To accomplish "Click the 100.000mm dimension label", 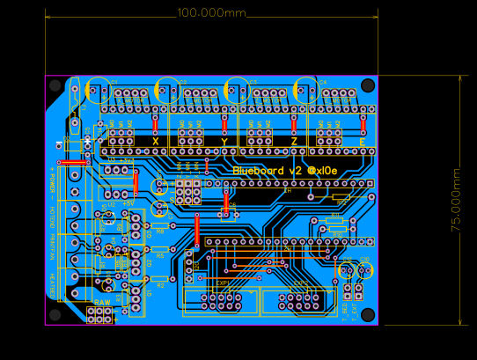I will pyautogui.click(x=211, y=12).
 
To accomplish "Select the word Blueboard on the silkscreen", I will pyautogui.click(x=261, y=169).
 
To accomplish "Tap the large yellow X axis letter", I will pyautogui.click(x=156, y=141).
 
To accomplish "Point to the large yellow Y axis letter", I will pyautogui.click(x=224, y=142).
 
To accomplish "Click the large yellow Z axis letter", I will pyautogui.click(x=293, y=142).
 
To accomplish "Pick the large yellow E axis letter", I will pyautogui.click(x=362, y=142).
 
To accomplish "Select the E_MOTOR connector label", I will pyautogui.click(x=340, y=100).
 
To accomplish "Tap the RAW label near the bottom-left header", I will pyautogui.click(x=102, y=302).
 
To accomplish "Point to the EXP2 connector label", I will pyautogui.click(x=300, y=283).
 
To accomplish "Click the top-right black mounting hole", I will pyautogui.click(x=368, y=85).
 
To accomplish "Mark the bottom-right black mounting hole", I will pyautogui.click(x=368, y=314).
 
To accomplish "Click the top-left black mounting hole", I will pyautogui.click(x=55, y=85).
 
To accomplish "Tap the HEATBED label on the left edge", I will pyautogui.click(x=52, y=283).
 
